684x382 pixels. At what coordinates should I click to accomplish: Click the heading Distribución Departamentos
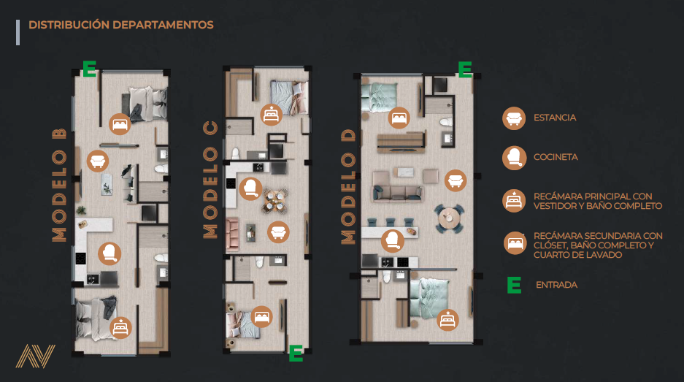(121, 25)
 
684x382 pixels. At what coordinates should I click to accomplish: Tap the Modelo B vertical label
(59, 185)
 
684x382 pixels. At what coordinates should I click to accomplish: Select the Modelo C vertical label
(210, 180)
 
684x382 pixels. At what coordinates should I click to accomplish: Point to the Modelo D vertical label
(348, 187)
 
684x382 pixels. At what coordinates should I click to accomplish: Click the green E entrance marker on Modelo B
(90, 69)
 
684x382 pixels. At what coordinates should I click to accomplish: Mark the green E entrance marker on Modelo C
(296, 354)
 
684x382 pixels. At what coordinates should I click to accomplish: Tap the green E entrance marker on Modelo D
(465, 69)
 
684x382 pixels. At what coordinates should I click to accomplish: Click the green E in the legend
(515, 285)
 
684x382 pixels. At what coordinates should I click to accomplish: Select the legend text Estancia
(555, 118)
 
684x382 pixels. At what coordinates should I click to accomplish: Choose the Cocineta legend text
(556, 157)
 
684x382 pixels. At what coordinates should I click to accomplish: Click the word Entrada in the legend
(557, 285)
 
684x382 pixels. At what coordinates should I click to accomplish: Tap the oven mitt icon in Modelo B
(109, 253)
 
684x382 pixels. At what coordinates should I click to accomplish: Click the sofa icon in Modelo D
(456, 180)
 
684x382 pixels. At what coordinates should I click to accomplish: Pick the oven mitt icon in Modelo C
(250, 188)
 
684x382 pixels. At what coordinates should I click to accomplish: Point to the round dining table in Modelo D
(449, 218)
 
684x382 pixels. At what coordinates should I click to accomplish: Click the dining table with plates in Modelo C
(274, 202)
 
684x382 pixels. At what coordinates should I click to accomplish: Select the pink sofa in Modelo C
(232, 234)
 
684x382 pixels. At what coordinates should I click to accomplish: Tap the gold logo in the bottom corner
(36, 356)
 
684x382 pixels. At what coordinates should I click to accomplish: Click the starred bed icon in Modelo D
(447, 320)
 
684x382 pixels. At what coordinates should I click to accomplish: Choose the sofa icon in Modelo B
(98, 161)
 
